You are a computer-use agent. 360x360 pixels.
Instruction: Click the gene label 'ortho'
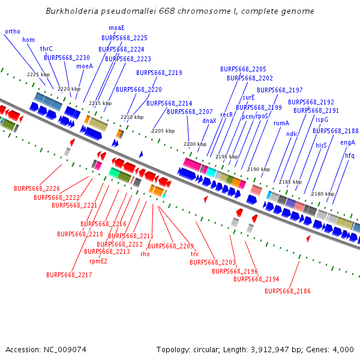click(x=13, y=31)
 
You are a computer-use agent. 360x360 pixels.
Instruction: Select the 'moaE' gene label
click(x=116, y=28)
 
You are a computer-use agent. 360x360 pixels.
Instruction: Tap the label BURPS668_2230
click(x=67, y=58)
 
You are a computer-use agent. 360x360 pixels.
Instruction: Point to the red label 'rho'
click(x=145, y=254)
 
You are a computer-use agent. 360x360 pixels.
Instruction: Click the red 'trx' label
click(x=194, y=254)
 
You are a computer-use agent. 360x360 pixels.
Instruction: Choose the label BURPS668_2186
click(x=287, y=291)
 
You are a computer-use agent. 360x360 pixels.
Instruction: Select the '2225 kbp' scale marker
click(x=38, y=74)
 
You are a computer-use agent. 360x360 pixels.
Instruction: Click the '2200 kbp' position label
click(x=195, y=144)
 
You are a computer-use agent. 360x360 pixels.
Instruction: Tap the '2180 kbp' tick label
click(x=323, y=194)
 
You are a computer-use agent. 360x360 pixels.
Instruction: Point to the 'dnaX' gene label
click(x=209, y=121)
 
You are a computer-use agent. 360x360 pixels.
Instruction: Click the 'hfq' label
click(x=350, y=155)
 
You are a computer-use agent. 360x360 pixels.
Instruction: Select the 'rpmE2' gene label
click(x=98, y=261)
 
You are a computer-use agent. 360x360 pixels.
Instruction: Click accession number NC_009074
click(x=65, y=350)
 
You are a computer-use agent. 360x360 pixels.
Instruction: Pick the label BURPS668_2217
click(x=69, y=275)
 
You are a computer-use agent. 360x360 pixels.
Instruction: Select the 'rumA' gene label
click(x=281, y=123)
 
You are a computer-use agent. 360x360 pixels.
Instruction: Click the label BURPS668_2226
click(x=37, y=188)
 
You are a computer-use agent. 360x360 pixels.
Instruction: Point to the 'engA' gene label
click(x=347, y=143)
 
